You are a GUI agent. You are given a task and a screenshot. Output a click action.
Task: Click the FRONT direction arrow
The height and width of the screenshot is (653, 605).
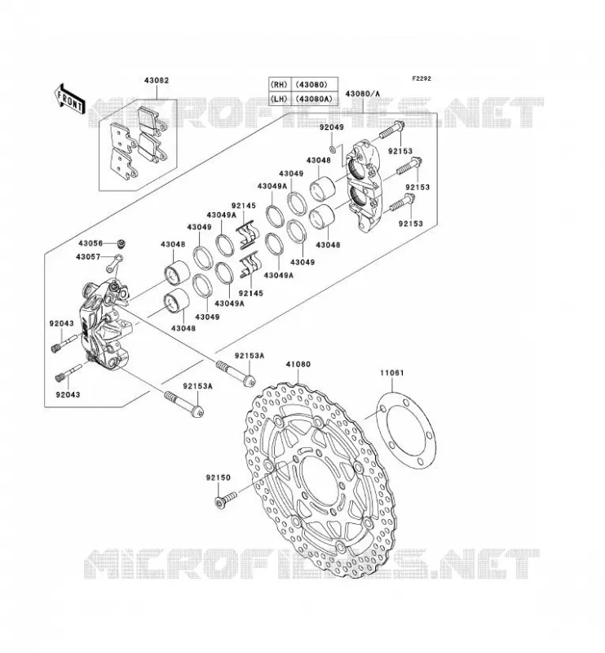69,99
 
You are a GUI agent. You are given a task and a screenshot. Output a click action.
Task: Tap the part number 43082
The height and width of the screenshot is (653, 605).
157,80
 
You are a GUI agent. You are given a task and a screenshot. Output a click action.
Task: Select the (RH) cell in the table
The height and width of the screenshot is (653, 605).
280,84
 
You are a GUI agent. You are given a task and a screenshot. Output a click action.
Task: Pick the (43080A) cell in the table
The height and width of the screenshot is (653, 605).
315,99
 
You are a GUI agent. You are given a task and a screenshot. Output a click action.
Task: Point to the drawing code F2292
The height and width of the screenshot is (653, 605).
422,78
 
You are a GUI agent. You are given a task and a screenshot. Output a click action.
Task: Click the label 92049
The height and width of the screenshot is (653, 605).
332,127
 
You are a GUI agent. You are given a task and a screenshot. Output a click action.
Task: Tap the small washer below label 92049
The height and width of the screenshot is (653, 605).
333,149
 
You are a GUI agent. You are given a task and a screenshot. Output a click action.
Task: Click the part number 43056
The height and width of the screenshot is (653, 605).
89,243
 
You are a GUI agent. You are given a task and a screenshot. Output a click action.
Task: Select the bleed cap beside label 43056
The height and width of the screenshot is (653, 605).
121,242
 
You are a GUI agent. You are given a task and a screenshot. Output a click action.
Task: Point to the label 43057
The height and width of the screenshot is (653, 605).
88,257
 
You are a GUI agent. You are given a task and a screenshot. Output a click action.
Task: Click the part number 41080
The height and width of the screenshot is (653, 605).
298,364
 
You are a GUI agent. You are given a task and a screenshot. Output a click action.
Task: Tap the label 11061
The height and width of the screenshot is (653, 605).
391,373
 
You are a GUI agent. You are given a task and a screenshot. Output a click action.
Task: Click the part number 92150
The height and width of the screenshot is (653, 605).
218,478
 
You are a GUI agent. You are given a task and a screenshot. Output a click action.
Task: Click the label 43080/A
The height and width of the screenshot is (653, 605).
362,94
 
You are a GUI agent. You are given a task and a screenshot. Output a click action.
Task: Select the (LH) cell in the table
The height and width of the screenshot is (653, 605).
280,99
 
